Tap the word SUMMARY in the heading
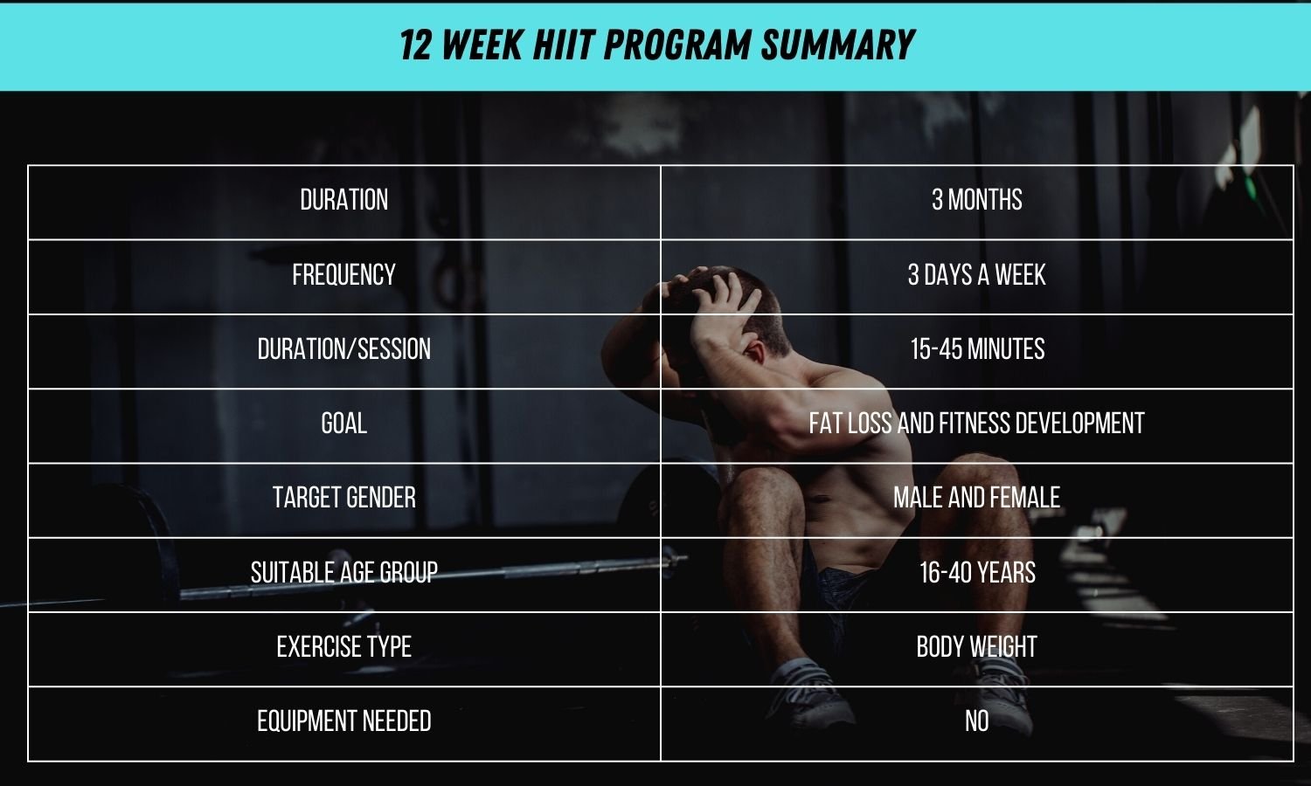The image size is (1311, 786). pyautogui.click(x=836, y=45)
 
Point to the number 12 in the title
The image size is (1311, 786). pyautogui.click(x=416, y=45)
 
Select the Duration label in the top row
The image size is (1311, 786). pyautogui.click(x=343, y=200)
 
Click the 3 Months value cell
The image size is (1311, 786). pyautogui.click(x=976, y=200)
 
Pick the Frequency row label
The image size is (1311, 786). pyautogui.click(x=343, y=275)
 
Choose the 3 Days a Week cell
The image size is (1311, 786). pyautogui.click(x=976, y=275)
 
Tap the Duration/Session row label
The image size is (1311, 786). pyautogui.click(x=343, y=349)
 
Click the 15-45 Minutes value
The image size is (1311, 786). pyautogui.click(x=976, y=349)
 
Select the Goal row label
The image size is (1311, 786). pyautogui.click(x=343, y=424)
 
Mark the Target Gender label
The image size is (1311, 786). pyautogui.click(x=343, y=498)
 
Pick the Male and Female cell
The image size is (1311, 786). pyautogui.click(x=976, y=498)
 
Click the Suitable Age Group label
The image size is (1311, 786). pyautogui.click(x=343, y=573)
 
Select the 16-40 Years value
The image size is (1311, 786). pyautogui.click(x=976, y=573)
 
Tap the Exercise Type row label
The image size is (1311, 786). pyautogui.click(x=343, y=647)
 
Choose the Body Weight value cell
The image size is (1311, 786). pyautogui.click(x=976, y=647)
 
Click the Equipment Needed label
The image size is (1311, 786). pyautogui.click(x=343, y=721)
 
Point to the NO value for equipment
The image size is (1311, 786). pyautogui.click(x=976, y=721)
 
